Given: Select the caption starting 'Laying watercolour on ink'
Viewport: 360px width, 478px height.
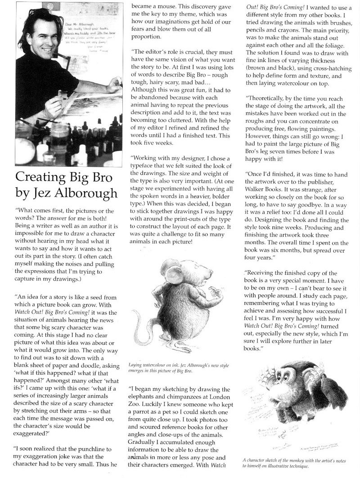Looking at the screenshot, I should [166, 370].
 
